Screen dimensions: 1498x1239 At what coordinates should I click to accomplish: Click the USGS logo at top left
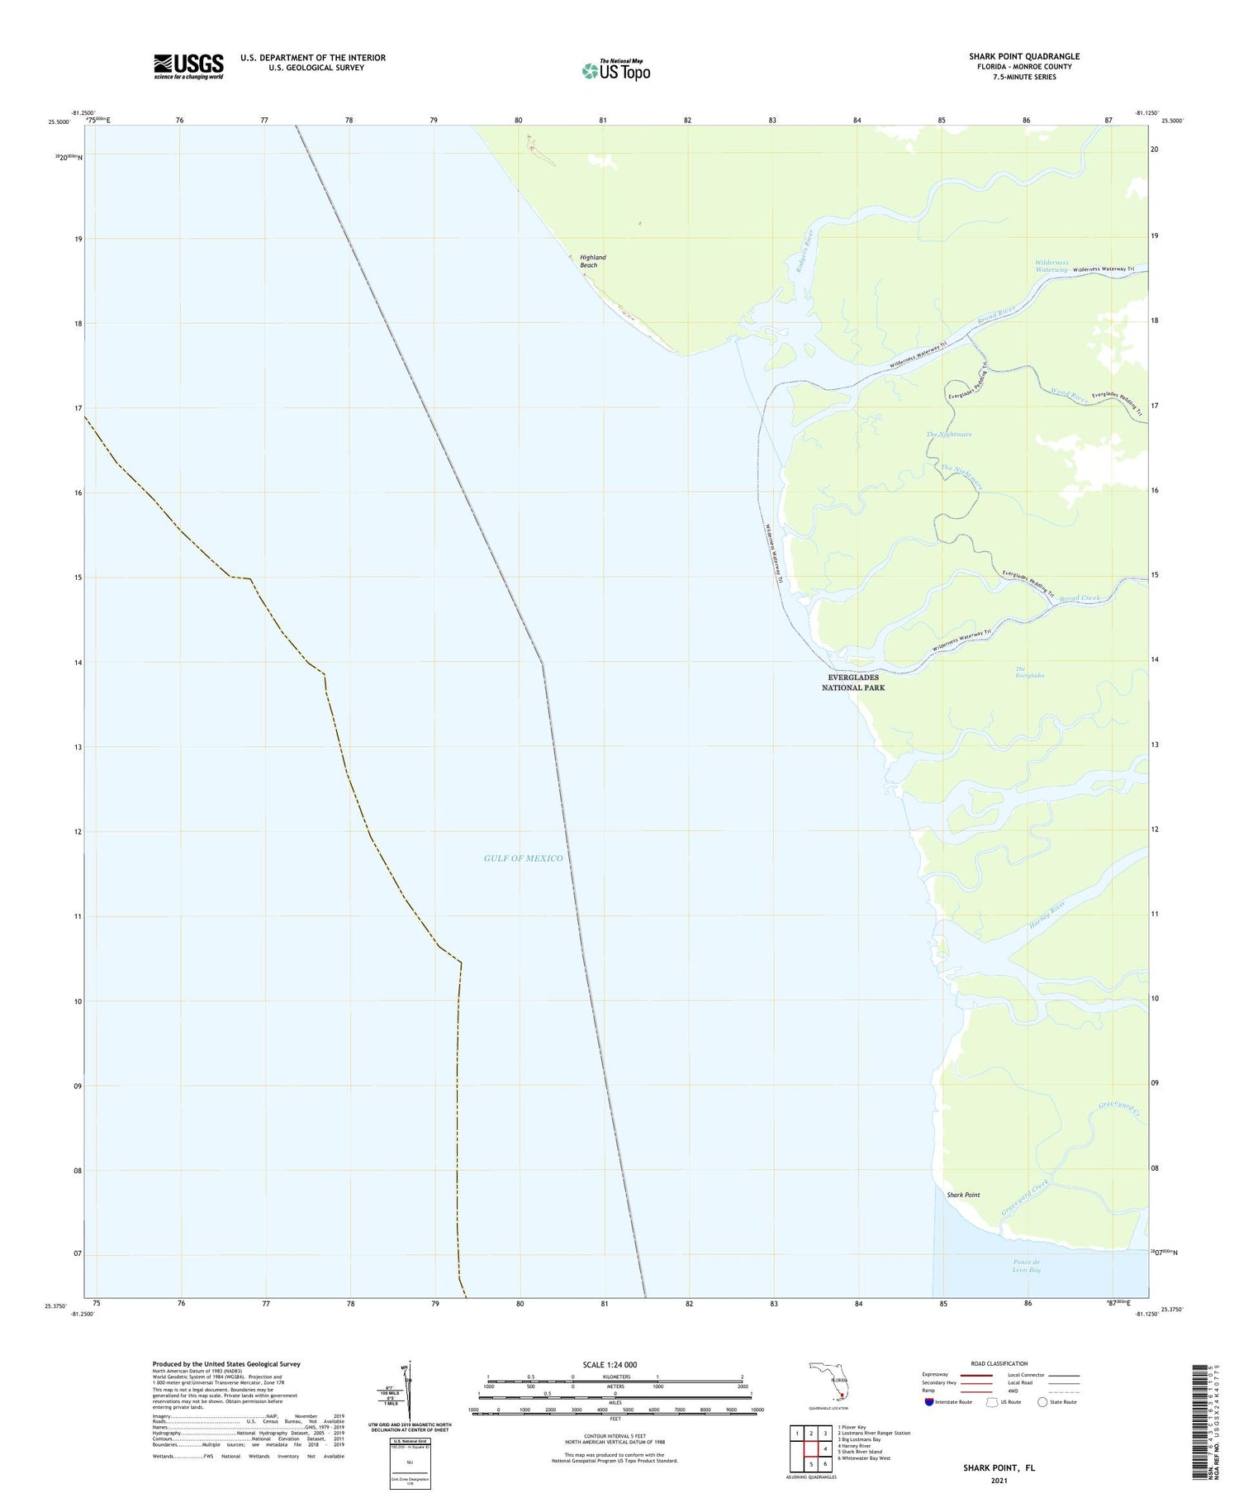click(x=188, y=66)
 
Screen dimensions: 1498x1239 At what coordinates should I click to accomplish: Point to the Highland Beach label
click(x=592, y=261)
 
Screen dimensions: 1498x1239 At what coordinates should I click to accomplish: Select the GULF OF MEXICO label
click(x=523, y=858)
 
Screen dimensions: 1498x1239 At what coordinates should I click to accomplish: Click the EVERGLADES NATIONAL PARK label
click(x=852, y=682)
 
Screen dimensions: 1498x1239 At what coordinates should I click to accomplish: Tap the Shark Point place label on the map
click(x=963, y=1195)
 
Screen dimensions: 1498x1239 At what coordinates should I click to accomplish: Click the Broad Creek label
click(x=1079, y=597)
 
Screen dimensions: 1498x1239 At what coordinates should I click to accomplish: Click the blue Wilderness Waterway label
click(x=1051, y=266)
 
